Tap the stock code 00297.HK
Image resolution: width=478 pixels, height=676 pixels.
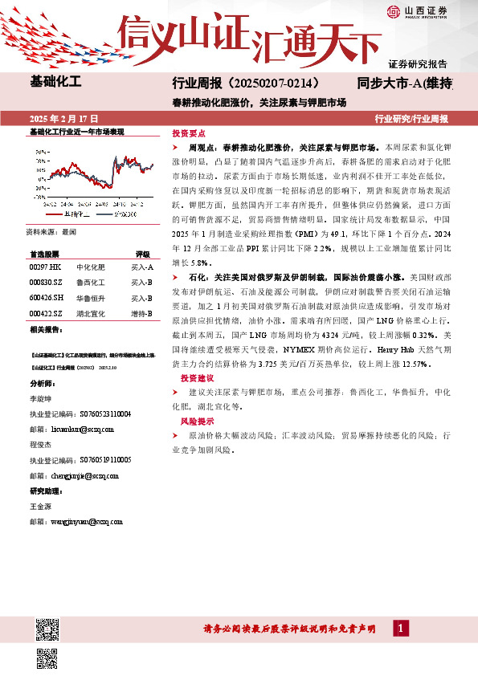(45, 267)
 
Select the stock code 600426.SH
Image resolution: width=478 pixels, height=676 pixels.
(47, 297)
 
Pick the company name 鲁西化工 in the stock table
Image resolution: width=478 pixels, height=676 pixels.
(92, 282)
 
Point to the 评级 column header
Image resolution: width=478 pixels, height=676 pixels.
(142, 252)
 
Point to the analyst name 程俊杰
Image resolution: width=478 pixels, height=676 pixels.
(40, 444)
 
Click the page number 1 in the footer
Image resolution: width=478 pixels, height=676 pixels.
(399, 628)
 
